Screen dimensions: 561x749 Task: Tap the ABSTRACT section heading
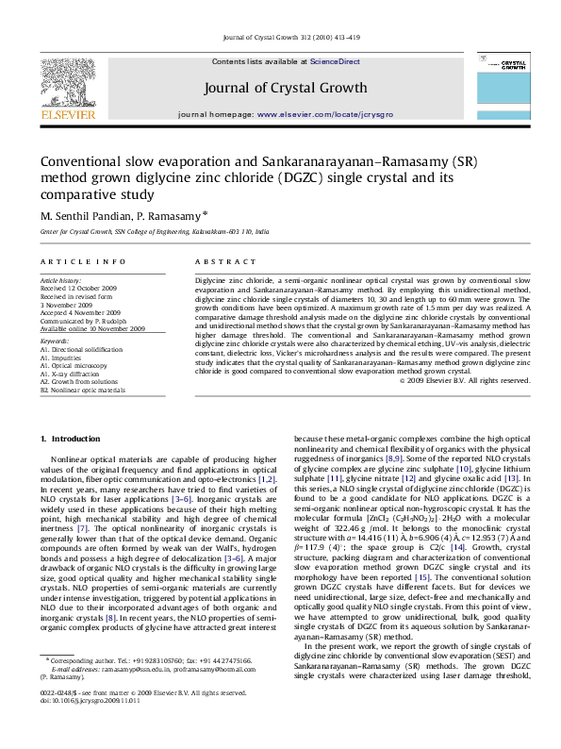tap(219, 259)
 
